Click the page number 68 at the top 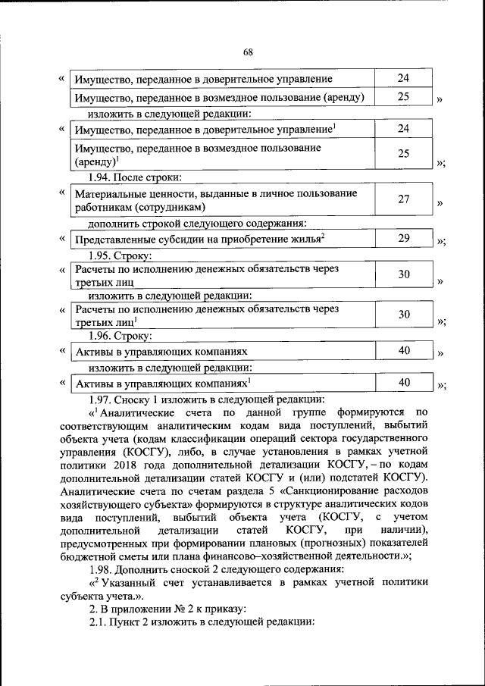coord(247,52)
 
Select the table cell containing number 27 coord(404,199)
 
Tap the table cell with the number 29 coord(404,238)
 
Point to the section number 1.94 coord(102,178)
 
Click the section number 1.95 coord(102,255)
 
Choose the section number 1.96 coord(102,334)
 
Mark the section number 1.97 coord(102,399)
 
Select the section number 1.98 coord(102,569)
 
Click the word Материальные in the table coord(108,193)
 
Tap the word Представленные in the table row coord(113,239)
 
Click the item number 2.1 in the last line coord(98,622)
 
